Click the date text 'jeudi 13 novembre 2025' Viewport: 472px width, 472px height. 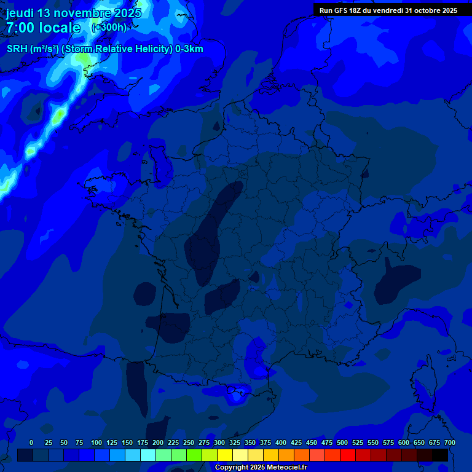74,13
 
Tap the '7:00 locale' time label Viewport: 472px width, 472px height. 43,28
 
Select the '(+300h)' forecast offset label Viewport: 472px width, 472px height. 109,28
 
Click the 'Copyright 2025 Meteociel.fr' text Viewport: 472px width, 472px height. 261,468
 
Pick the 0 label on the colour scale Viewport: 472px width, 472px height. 31,442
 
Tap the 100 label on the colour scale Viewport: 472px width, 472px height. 96,442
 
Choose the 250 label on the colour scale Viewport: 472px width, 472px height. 189,442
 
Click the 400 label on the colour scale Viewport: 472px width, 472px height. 281,442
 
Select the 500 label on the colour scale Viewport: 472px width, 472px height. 342,442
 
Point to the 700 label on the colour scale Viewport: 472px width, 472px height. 450,442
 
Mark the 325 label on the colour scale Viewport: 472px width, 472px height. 235,442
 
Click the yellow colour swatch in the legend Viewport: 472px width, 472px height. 225,455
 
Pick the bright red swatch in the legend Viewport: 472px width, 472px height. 348,455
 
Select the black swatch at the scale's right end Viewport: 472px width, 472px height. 440,455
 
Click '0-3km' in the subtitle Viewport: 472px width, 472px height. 189,49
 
